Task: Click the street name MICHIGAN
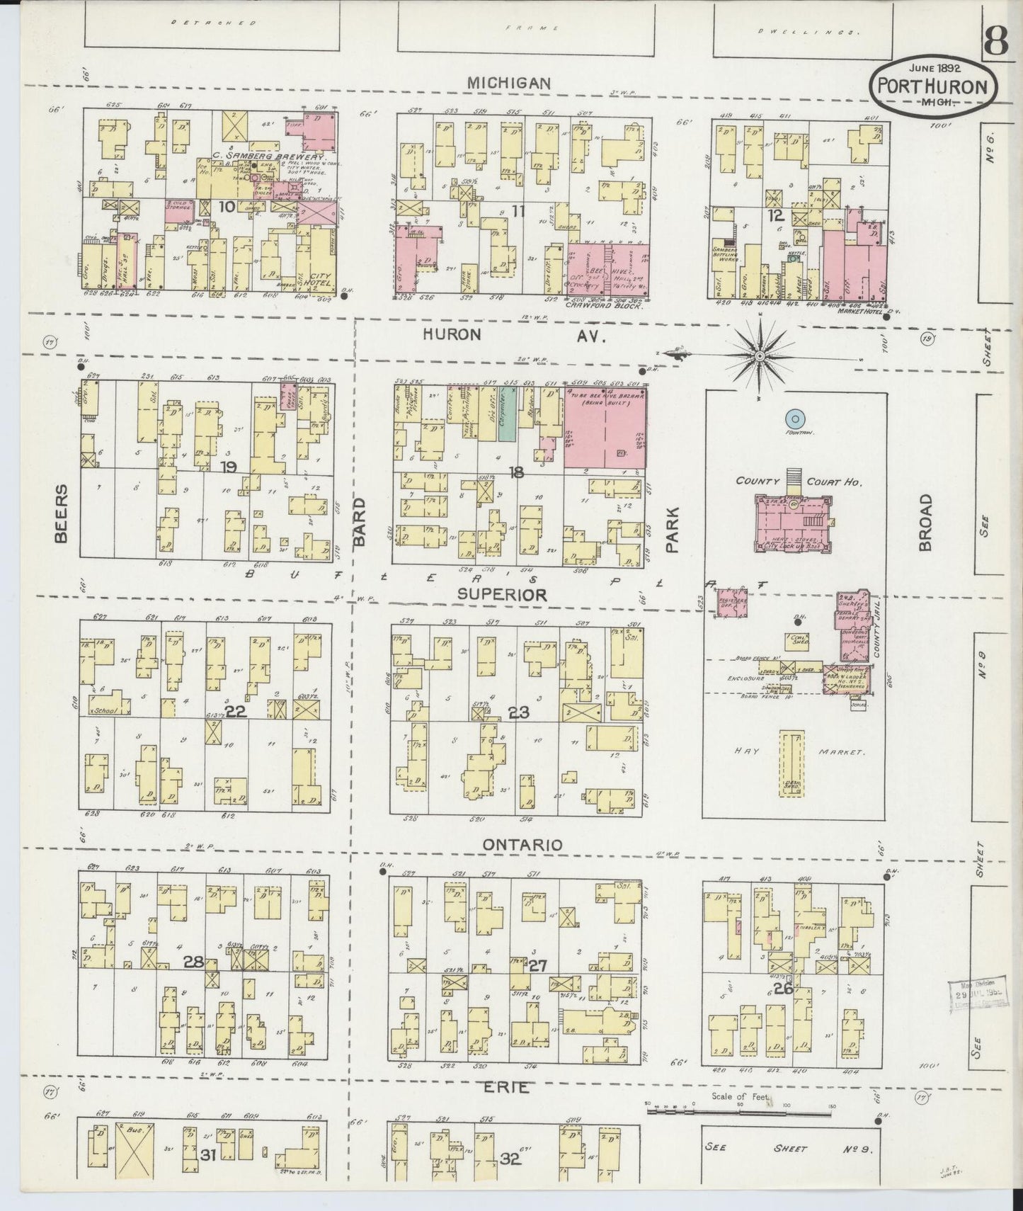tap(509, 84)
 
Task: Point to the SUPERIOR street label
tap(502, 595)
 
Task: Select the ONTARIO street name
tap(522, 845)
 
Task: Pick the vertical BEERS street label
tap(62, 513)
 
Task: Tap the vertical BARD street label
tap(360, 522)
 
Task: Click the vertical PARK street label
tap(672, 529)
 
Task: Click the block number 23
tap(519, 712)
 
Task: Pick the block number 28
tap(193, 961)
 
